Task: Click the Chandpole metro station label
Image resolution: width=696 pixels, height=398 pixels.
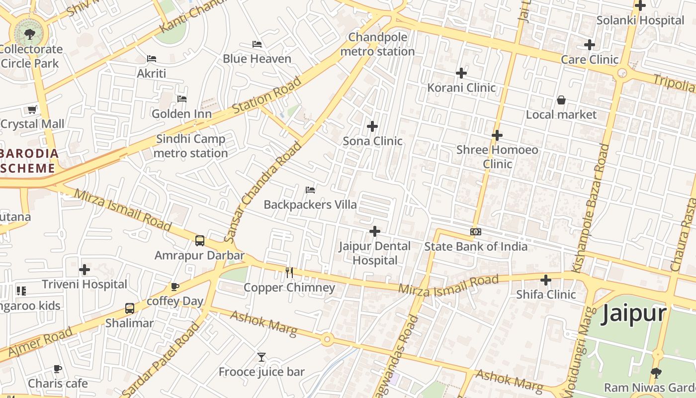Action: pos(377,44)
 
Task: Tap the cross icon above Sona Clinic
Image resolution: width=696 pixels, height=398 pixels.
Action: pos(372,126)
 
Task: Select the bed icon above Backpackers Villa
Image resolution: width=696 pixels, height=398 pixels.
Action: pos(310,190)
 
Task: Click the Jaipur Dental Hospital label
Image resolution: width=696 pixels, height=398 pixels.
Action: pos(375,253)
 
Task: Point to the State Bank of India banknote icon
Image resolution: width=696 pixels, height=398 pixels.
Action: pos(476,232)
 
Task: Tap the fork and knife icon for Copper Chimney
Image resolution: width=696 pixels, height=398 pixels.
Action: pos(289,272)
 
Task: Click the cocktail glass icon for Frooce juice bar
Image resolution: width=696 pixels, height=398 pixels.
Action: pos(261,357)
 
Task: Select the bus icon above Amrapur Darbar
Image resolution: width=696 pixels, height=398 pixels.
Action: pos(200,241)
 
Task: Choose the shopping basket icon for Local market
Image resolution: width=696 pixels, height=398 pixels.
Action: pos(561,100)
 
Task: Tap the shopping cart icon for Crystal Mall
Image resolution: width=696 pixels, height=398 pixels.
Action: pos(32,109)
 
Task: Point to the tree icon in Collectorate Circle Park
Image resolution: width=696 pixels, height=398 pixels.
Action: pos(30,34)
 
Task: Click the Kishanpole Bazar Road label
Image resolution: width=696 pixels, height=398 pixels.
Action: pos(591,208)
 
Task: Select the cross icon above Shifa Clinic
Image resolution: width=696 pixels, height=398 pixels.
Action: pos(546,280)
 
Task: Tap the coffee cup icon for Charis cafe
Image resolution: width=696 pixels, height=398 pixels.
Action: pos(58,369)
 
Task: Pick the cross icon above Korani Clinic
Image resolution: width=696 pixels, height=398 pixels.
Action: pos(461,73)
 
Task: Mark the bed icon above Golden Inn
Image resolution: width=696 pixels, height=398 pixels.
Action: pos(182,99)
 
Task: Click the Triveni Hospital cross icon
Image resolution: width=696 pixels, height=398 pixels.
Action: pos(85,270)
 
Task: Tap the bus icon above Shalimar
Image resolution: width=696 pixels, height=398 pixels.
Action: pos(130,308)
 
